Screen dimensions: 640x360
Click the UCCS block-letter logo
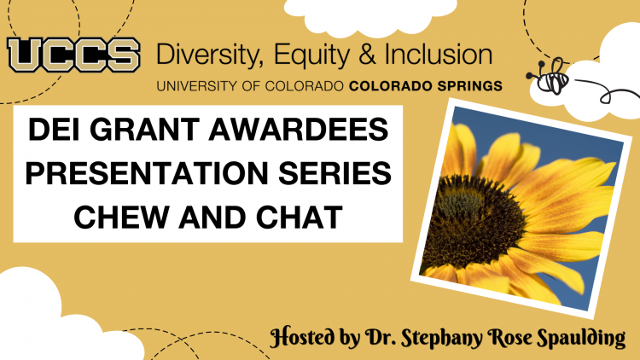(x=74, y=55)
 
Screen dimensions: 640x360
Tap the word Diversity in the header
(x=207, y=55)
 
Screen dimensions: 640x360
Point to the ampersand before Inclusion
(x=367, y=55)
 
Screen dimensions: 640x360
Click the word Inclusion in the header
(x=439, y=55)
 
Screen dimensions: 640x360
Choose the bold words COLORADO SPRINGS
(x=426, y=86)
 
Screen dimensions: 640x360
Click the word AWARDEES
(x=299, y=130)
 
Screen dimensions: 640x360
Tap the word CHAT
(x=300, y=217)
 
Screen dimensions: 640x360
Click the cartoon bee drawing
(x=550, y=77)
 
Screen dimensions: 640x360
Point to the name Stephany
(x=442, y=339)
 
